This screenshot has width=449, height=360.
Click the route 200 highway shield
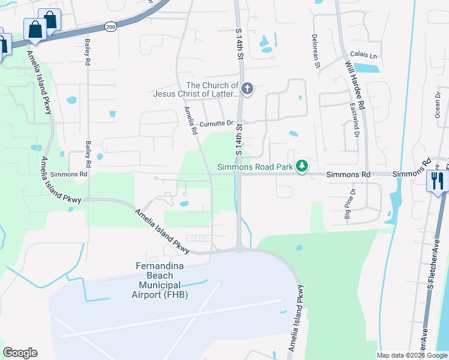click(x=110, y=27)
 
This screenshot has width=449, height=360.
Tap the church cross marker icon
click(x=247, y=89)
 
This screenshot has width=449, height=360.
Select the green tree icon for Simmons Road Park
click(x=303, y=166)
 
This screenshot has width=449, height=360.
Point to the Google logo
click(x=20, y=353)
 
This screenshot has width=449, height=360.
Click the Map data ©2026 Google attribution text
click(x=412, y=355)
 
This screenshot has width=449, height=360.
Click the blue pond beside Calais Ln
click(x=366, y=68)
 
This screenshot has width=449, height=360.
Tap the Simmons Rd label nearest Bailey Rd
click(x=69, y=174)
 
